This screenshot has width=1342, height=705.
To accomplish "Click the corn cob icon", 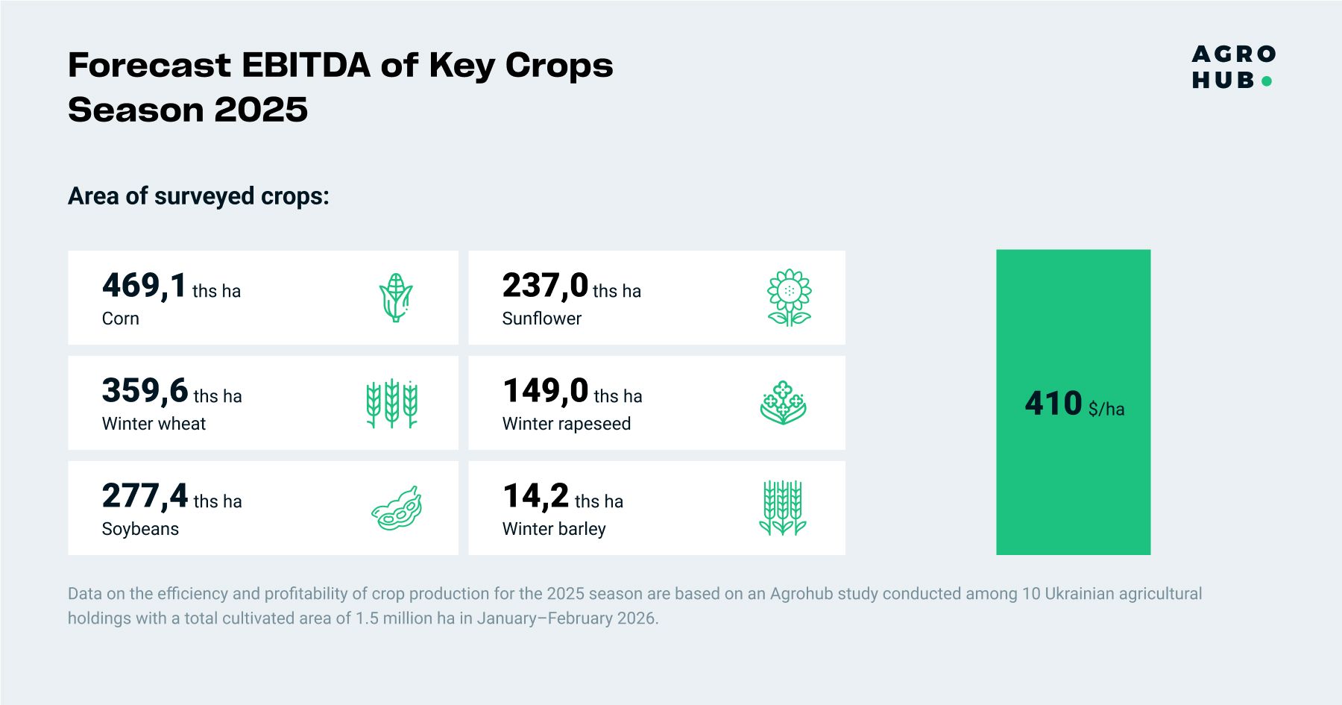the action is [396, 298].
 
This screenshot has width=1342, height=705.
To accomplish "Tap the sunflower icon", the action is [790, 298].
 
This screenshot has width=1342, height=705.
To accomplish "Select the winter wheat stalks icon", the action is [392, 404].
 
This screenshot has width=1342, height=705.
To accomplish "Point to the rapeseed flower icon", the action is [784, 403].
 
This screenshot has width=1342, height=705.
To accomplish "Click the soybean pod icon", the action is [397, 509].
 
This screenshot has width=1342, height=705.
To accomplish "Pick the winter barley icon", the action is [783, 508].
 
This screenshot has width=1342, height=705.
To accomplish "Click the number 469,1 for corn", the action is [145, 286].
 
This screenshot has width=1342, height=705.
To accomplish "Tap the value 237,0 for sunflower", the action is [545, 286].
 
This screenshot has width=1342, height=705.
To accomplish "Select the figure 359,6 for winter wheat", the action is [145, 391].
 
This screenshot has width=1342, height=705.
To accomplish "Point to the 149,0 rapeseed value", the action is [546, 391].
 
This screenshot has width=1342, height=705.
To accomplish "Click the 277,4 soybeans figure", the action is [145, 496].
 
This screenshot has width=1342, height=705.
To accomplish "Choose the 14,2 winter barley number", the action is [536, 496].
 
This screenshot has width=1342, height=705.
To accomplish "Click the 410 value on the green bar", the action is [1053, 404].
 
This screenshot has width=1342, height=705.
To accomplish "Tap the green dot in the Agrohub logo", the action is [1266, 81].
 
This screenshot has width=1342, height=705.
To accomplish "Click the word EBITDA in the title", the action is [306, 66].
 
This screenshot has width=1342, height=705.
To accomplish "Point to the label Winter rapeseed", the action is [567, 424].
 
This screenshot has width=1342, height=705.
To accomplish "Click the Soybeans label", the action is [140, 529].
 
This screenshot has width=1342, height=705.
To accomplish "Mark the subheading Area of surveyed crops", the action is [198, 196].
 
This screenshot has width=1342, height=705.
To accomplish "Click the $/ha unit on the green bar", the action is [1106, 409].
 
